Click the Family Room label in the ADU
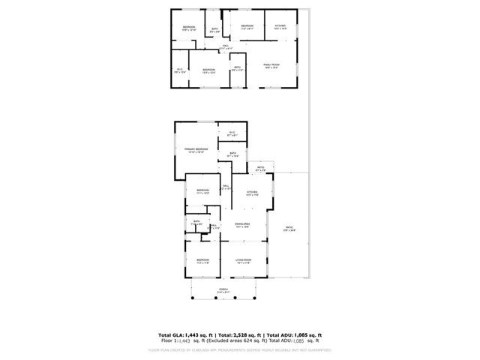tap(271, 65)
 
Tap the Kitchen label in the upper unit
tap(280, 26)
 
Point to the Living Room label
tap(243, 260)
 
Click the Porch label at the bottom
tap(223, 289)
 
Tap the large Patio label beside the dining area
tap(289, 228)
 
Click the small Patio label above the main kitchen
tap(260, 169)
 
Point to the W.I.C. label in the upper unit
tap(180, 70)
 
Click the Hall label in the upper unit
tap(226, 46)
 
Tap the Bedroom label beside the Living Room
tap(202, 260)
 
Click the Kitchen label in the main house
tap(253, 193)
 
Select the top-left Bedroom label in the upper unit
tap(188, 28)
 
